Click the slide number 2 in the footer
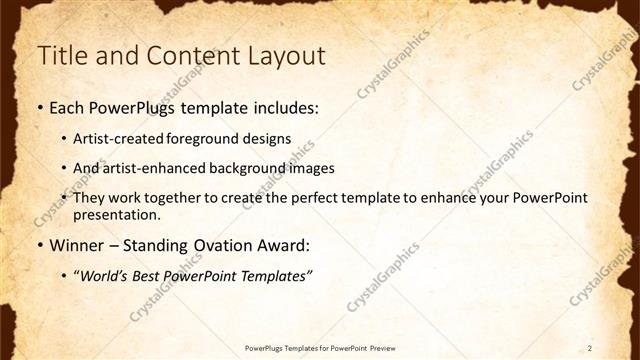[x=590, y=347]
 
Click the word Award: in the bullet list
[x=288, y=245]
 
